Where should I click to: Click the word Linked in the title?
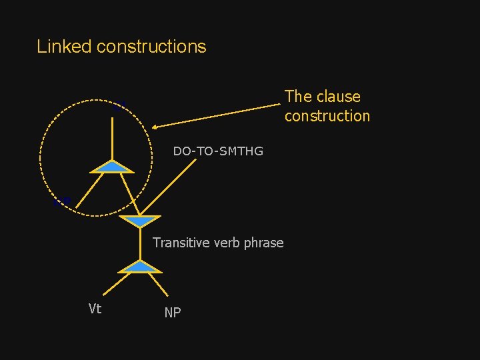pos(64,47)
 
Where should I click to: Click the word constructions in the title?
pos(151,47)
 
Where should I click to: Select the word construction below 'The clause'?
pos(327,116)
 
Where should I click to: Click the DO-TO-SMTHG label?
pos(218,151)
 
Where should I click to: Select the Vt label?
pos(95,308)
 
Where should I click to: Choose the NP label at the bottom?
pos(172,313)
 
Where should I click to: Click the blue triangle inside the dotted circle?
pos(112,166)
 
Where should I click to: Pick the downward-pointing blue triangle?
pos(140,221)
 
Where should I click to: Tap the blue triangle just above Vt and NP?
pos(140,267)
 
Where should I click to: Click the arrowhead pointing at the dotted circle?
pos(155,127)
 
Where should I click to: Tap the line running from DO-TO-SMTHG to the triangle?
pos(167,190)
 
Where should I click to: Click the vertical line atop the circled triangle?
pos(112,137)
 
